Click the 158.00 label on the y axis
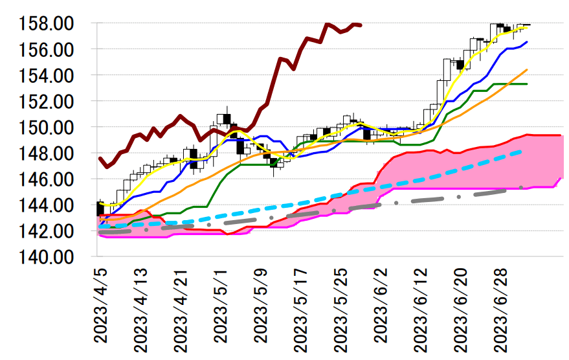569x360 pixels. pos(47,24)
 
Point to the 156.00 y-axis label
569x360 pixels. pos(47,50)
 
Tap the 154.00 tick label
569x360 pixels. pos(47,76)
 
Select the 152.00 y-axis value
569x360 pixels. pos(47,102)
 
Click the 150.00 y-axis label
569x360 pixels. pos(47,128)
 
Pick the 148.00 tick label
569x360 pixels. pos(47,153)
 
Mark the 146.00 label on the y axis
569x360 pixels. pos(47,179)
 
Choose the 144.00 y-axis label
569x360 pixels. pos(47,205)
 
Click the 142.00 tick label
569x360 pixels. pos(47,231)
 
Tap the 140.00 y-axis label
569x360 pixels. pos(47,257)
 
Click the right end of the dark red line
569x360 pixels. pos(361,25)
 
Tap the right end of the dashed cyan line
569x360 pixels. pos(522,151)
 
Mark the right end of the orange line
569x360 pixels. pos(527,69)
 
